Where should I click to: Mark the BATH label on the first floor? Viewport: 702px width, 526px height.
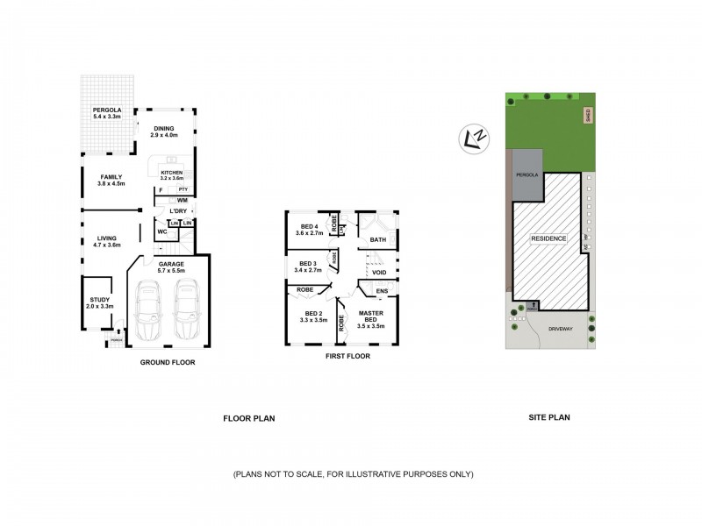(x=378, y=239)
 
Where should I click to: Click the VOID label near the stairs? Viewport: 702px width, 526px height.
(x=380, y=273)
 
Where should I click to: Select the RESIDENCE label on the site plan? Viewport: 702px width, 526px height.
(x=548, y=238)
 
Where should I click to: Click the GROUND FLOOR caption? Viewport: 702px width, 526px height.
(x=168, y=362)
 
